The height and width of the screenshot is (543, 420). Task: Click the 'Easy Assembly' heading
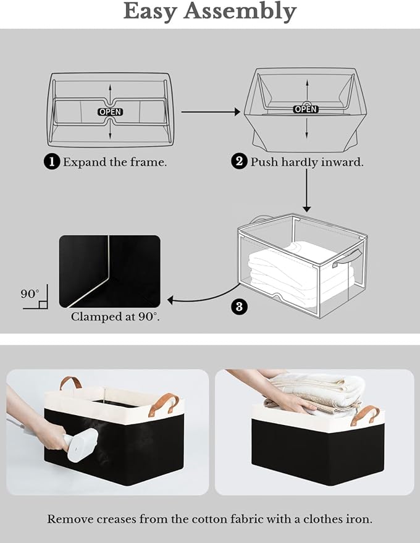(210, 11)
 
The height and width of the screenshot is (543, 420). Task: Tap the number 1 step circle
(52, 162)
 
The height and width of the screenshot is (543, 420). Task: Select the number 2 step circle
(239, 162)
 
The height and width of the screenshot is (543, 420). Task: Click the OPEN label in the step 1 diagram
(110, 112)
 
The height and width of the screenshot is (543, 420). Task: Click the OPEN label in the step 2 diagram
(305, 109)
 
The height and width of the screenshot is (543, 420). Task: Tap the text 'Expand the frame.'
(115, 162)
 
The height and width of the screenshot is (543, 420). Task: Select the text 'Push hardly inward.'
(306, 162)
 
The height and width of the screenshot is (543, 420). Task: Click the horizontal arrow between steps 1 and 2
(210, 112)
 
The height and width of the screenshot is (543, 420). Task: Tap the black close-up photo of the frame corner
(109, 271)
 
